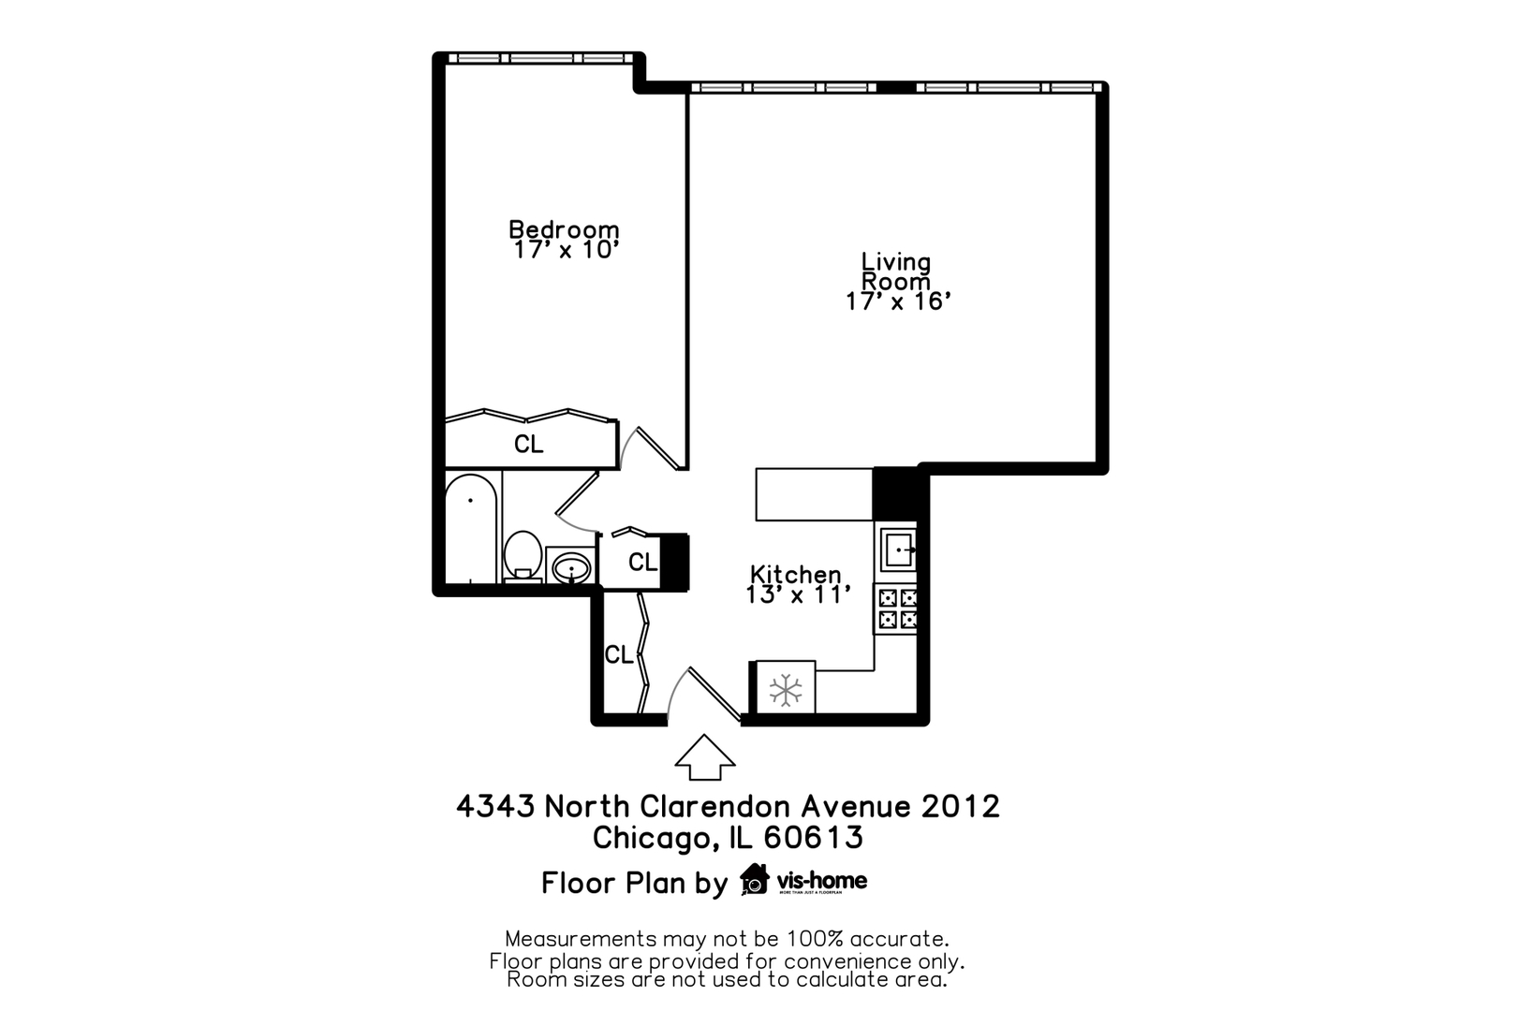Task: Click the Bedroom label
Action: coord(564,229)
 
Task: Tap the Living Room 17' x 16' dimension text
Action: coord(898,301)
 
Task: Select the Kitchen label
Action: coord(796,574)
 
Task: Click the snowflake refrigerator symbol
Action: coord(786,691)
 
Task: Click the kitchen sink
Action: coord(897,548)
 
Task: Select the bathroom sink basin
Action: coord(570,567)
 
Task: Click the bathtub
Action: coord(470,529)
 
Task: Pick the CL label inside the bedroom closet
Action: coord(529,445)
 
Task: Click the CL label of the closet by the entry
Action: coord(619,655)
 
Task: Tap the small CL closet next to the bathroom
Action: coord(642,563)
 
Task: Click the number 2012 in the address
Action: coord(961,807)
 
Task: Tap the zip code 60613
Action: coord(814,837)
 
